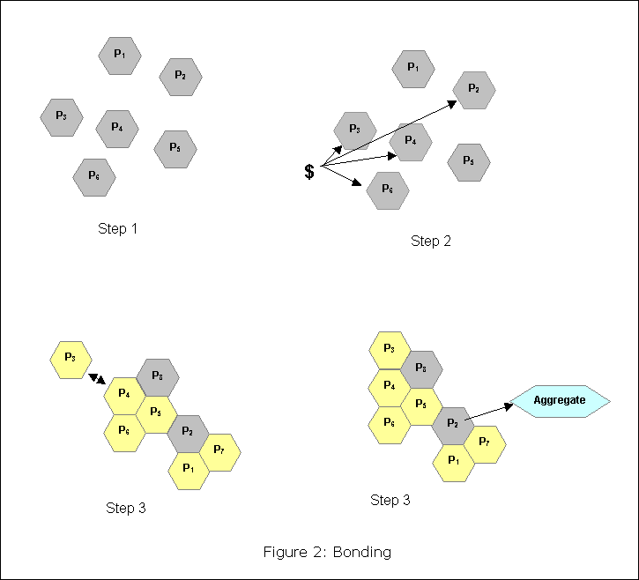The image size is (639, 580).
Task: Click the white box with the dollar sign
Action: tap(313, 172)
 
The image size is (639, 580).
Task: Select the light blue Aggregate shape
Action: tap(560, 401)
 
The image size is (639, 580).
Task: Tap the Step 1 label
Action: tap(119, 230)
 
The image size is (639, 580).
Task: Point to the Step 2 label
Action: tap(431, 242)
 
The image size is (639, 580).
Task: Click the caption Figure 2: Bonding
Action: tap(327, 553)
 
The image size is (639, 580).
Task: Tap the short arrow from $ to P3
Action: tap(332, 155)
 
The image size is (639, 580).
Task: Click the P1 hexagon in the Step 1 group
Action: tap(120, 56)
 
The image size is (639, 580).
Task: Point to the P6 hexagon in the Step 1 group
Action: tap(94, 177)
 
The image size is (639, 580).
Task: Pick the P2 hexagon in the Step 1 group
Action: tap(181, 77)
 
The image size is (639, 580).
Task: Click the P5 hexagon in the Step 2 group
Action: tap(469, 161)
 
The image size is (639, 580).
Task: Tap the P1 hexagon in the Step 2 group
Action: tap(413, 69)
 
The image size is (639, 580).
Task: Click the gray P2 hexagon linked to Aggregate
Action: tap(453, 424)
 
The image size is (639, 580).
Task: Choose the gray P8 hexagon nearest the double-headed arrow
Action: tap(158, 377)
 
